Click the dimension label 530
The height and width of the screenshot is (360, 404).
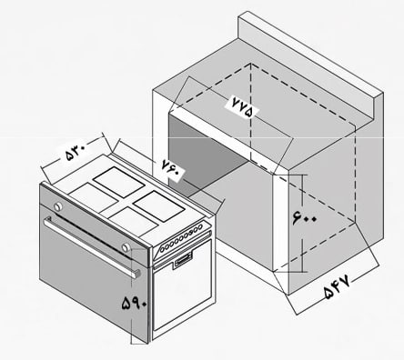point(75,151)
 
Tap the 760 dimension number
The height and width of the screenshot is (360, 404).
point(173,170)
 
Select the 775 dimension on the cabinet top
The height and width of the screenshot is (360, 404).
point(242,105)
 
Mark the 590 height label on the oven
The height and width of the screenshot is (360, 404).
point(134,302)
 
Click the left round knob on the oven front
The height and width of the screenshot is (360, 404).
point(57,206)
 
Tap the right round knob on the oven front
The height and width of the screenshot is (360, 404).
point(126,247)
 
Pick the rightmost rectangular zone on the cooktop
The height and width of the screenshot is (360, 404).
point(159,205)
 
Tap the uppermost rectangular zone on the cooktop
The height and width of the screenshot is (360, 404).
point(118,182)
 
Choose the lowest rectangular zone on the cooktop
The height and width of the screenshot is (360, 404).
point(134,221)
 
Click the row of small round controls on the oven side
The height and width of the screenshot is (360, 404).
point(182,237)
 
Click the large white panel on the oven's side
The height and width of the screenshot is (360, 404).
point(182,285)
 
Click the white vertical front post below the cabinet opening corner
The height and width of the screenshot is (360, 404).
point(280,222)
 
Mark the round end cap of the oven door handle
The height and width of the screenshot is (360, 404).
point(137,273)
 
